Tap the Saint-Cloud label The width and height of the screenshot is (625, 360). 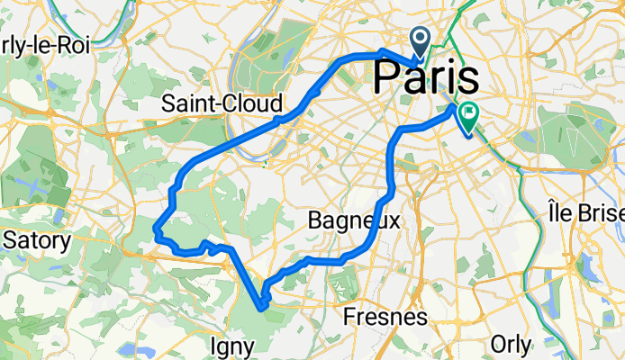point(222,103)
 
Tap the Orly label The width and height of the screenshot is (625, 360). point(512,344)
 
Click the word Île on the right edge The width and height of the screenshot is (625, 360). point(566,214)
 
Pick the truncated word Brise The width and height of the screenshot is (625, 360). point(604,214)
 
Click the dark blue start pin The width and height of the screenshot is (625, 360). point(421,40)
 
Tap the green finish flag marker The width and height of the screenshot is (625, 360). point(468,115)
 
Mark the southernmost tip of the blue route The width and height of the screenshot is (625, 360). point(262,308)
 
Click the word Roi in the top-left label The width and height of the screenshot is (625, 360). point(74,46)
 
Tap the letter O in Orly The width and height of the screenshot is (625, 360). point(497,344)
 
